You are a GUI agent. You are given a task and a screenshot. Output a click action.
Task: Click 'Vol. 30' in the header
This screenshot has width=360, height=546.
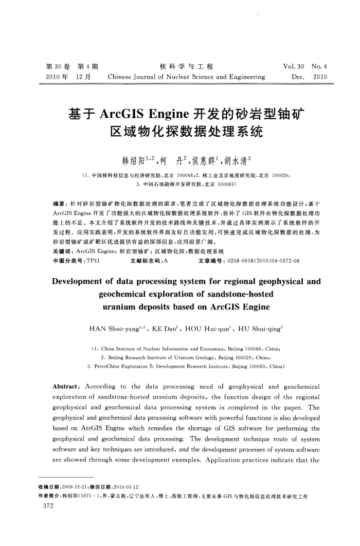294,67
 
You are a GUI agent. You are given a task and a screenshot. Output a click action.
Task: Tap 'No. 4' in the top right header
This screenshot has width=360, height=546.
319,67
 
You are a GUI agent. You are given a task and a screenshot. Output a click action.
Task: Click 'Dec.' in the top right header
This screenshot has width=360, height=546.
296,77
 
